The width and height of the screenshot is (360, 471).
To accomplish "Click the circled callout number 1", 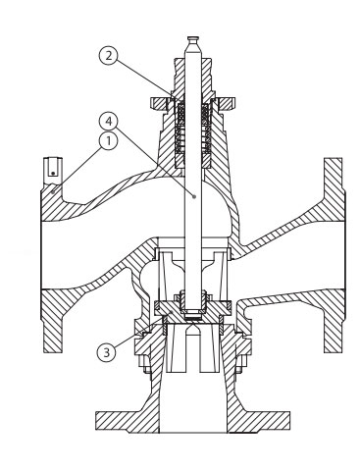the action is click(108, 141).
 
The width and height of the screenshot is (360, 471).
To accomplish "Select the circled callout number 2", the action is click(108, 55).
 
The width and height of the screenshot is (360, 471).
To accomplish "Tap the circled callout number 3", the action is click(107, 352).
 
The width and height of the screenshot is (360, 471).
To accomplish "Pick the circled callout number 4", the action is click(108, 122).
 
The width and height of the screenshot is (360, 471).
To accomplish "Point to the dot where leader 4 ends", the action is click(194, 196).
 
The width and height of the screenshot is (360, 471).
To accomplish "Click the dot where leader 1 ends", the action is click(53, 192).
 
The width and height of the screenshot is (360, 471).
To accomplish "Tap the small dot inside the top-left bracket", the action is click(53, 174).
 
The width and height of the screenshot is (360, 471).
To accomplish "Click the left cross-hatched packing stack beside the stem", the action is click(180, 130).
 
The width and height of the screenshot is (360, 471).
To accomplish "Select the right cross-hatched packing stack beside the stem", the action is click(206, 130).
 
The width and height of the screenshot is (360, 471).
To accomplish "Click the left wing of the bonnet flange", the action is click(159, 104).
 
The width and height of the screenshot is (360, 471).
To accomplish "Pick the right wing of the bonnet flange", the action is click(227, 104).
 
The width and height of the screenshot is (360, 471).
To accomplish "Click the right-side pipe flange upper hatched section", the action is click(334, 190).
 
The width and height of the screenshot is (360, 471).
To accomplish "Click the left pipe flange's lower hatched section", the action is click(54, 321).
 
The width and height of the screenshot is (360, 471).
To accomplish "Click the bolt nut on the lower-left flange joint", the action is click(146, 363).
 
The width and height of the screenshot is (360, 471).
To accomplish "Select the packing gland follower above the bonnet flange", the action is click(193, 78).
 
